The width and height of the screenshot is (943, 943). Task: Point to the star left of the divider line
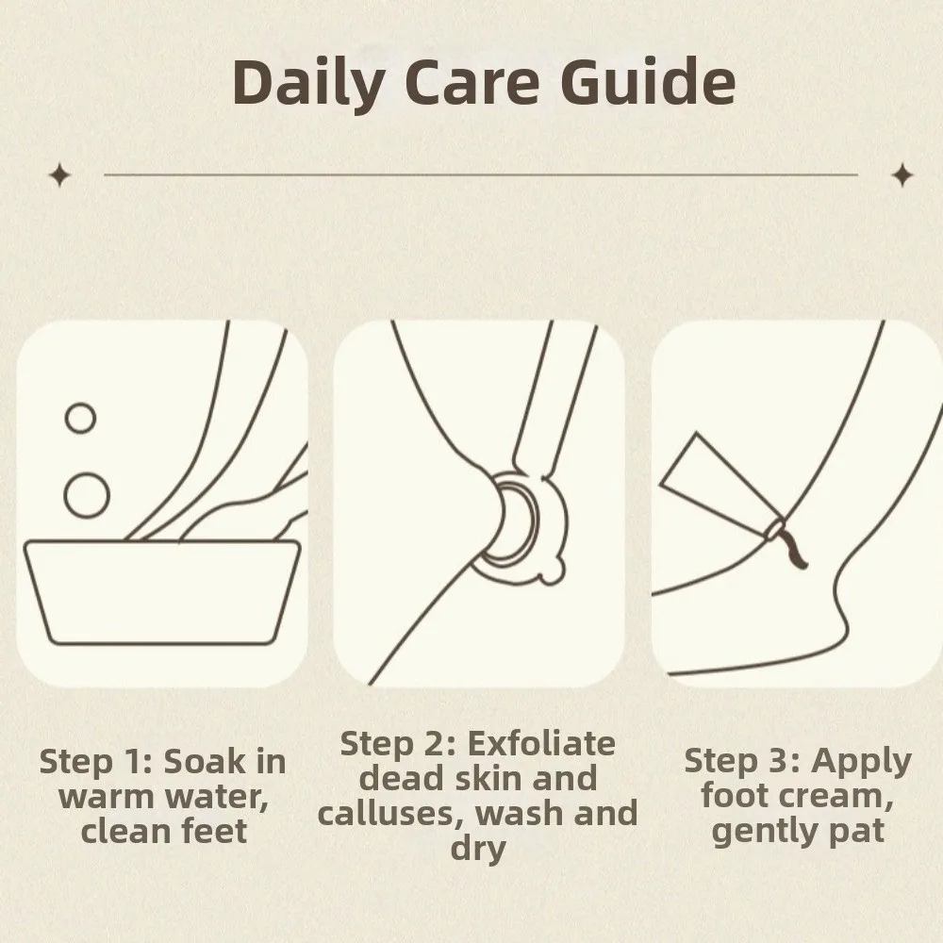click(x=60, y=174)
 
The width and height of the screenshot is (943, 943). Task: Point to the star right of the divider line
click(x=902, y=174)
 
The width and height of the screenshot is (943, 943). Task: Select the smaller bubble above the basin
click(x=80, y=418)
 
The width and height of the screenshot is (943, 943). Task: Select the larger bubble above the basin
click(x=86, y=493)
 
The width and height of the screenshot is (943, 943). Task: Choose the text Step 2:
click(x=396, y=744)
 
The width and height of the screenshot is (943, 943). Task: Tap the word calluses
click(x=383, y=814)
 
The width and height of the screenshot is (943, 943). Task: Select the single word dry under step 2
click(x=477, y=848)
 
